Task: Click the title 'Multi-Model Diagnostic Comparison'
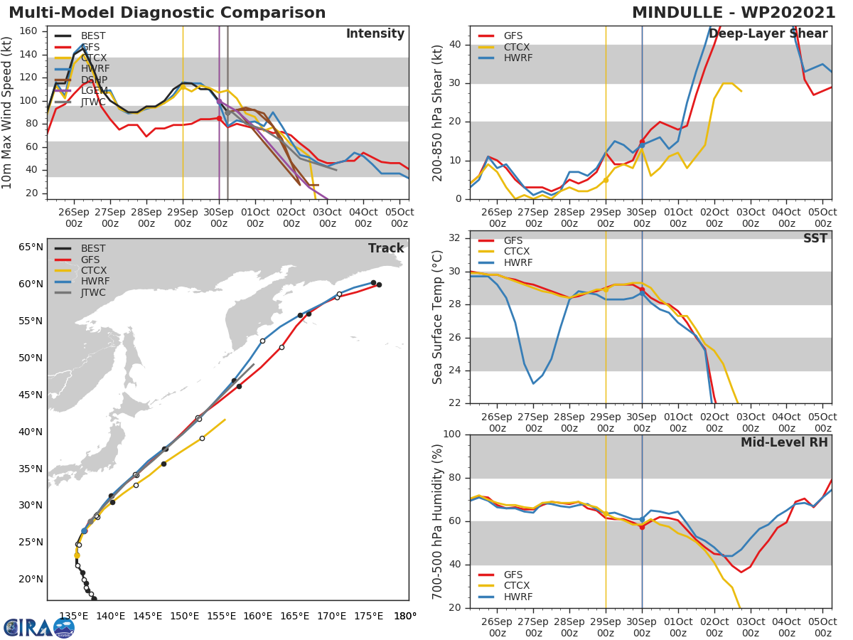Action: tap(167, 13)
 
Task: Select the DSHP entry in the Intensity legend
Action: tap(94, 80)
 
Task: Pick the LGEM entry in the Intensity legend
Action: tap(94, 91)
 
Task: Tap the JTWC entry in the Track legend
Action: tap(93, 292)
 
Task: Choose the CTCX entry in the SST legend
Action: tap(517, 251)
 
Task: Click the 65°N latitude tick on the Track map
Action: tap(31, 247)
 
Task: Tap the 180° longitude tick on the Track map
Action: tap(405, 616)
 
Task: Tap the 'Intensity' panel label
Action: tap(375, 34)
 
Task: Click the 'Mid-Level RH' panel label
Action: tap(783, 442)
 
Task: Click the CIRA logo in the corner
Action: tap(38, 627)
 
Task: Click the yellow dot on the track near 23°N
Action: tap(77, 555)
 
